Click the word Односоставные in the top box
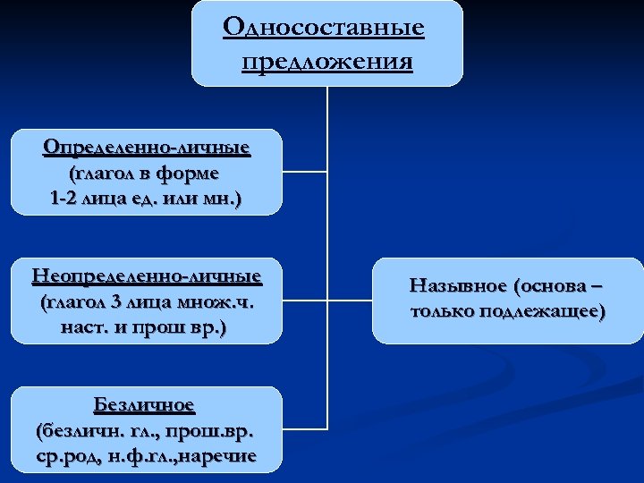(x=324, y=28)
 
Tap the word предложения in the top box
(x=327, y=62)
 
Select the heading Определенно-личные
(x=147, y=146)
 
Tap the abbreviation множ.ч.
(x=216, y=301)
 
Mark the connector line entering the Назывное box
(x=350, y=300)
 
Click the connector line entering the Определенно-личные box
(x=304, y=171)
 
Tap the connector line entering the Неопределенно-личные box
(x=304, y=300)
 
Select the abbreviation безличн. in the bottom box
(x=80, y=430)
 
